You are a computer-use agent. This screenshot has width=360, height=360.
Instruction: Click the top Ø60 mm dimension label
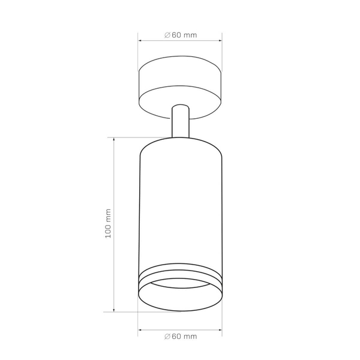point(181,35)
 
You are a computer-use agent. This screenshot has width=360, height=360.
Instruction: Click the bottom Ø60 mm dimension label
point(181,337)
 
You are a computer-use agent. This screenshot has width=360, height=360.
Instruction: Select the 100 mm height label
point(108,224)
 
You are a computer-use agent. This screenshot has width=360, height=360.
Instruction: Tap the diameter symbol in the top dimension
point(167,35)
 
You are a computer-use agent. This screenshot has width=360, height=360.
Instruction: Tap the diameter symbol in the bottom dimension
point(167,337)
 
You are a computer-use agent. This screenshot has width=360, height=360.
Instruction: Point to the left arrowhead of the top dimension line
point(139,41)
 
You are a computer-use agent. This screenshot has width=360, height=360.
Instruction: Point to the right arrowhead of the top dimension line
point(220,41)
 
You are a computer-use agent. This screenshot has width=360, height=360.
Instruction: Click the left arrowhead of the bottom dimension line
point(139,330)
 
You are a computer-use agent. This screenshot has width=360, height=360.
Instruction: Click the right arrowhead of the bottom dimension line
point(220,330)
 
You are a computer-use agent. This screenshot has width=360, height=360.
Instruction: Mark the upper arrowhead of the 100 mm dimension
point(114,139)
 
